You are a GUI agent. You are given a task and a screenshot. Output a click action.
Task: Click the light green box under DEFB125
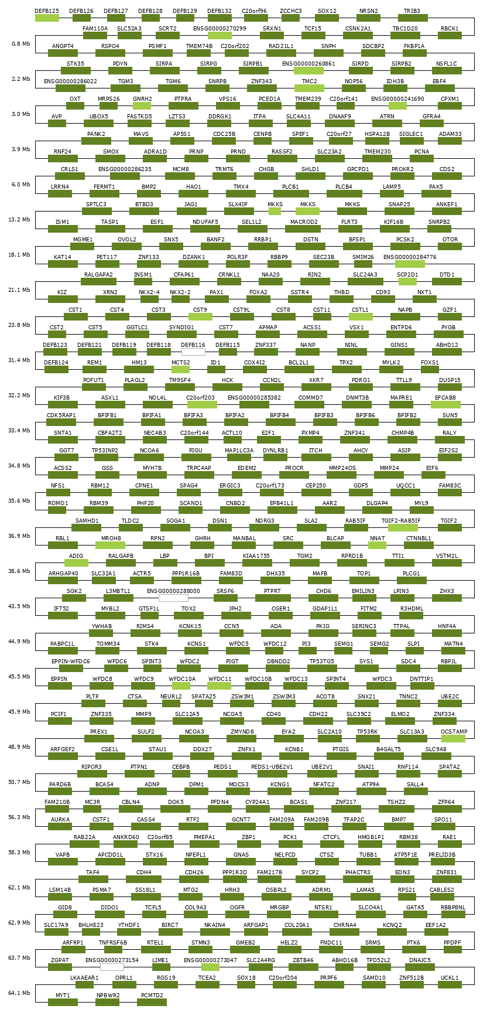click(47, 18)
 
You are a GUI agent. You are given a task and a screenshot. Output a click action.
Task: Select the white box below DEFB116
click(193, 352)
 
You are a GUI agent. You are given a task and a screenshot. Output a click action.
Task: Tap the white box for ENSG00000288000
click(173, 598)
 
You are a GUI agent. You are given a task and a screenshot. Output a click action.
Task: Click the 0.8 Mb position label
click(20, 44)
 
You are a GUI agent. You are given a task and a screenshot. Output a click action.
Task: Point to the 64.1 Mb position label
click(20, 993)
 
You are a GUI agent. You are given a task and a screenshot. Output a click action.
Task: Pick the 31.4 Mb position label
click(20, 360)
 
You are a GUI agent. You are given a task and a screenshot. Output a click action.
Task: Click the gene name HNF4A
click(447, 626)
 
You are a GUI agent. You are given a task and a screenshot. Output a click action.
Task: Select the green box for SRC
click(288, 546)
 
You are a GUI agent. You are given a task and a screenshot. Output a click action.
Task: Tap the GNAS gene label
click(241, 855)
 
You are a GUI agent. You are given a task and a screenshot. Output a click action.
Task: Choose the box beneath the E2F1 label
click(268, 440)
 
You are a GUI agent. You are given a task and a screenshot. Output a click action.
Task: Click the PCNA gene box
click(421, 159)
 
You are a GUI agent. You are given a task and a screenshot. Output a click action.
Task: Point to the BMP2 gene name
click(149, 187)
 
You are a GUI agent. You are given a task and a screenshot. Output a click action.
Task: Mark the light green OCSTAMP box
click(454, 739)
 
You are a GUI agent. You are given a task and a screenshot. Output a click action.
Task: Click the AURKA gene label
click(60, 820)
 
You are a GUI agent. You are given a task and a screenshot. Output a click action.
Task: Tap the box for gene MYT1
click(63, 1003)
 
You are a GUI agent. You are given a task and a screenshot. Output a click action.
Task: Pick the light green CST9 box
click(200, 317)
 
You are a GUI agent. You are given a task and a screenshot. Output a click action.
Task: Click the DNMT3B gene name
click(357, 398)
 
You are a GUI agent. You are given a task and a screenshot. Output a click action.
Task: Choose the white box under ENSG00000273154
click(112, 967)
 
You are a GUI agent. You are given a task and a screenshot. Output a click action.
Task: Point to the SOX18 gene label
click(246, 978)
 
